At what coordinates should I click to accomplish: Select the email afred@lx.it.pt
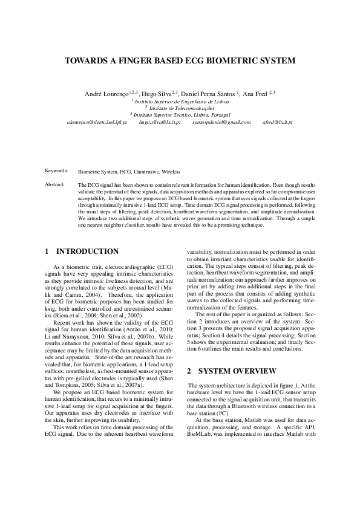coord(278,122)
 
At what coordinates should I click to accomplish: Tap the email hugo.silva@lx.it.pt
coord(160,122)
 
